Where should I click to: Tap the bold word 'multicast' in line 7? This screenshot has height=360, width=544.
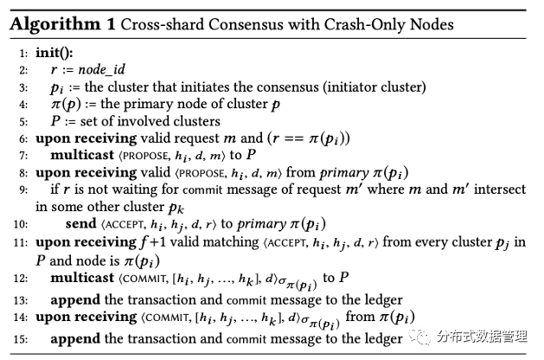(87, 155)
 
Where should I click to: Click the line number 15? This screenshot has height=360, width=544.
(21, 338)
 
